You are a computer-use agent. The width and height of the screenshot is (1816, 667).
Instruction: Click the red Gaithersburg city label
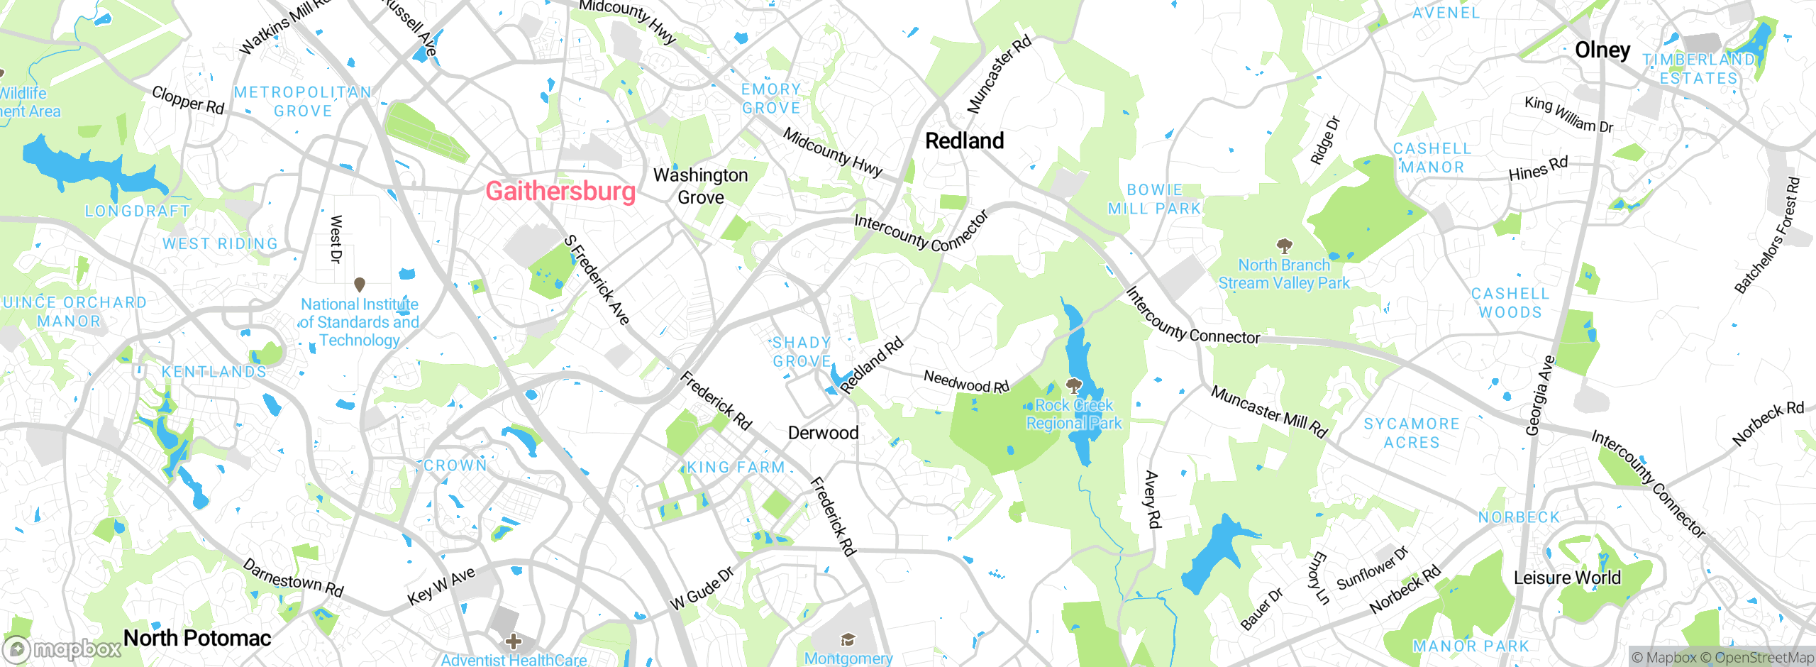tap(560, 192)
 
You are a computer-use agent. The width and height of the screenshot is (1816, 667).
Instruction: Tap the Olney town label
tap(1602, 50)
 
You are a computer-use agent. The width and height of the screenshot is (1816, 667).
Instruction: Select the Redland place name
tap(964, 140)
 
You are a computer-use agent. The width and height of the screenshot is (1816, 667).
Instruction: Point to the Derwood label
tap(823, 433)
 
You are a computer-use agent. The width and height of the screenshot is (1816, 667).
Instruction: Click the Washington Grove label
tap(700, 186)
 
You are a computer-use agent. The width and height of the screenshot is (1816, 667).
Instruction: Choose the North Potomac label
tap(197, 638)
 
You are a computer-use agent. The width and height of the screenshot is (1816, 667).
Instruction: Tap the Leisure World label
tap(1567, 578)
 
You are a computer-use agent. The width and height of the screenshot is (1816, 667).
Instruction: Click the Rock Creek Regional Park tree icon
tap(1074, 386)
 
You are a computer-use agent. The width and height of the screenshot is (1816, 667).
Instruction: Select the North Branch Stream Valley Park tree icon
tap(1284, 246)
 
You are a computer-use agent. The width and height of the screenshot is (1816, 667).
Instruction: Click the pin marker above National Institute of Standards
tap(360, 285)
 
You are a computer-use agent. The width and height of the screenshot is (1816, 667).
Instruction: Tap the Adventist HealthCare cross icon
tap(514, 642)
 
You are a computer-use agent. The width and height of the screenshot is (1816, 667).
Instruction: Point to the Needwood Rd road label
tap(966, 382)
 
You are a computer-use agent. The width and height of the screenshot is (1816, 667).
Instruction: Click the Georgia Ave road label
tap(1539, 395)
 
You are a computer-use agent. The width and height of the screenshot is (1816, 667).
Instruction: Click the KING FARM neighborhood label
tap(736, 468)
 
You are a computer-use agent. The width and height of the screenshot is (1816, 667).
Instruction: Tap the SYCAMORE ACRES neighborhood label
tap(1412, 433)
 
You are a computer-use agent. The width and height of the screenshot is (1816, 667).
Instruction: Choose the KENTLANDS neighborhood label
tap(214, 372)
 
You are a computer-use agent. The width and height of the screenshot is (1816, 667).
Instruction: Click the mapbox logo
tap(62, 649)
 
